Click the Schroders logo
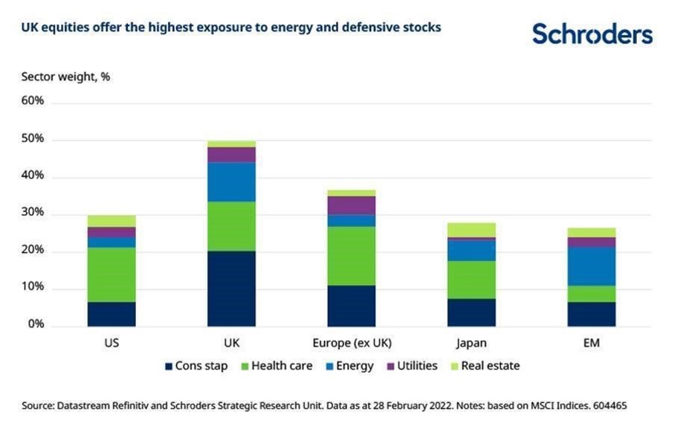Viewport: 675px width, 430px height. pos(592,33)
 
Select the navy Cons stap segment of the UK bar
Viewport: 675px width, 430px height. pos(231,289)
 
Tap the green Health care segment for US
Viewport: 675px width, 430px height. pos(112,275)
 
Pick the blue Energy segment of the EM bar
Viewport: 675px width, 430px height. pos(592,266)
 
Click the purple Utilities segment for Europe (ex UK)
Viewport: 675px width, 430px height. pos(351,205)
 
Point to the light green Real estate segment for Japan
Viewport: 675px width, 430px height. pos(471,229)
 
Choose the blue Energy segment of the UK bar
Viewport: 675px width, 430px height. pos(231,182)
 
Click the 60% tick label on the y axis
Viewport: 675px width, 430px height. pos(33,100)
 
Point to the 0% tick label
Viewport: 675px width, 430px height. pos(36,325)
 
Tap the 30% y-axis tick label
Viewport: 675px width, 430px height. pos(33,213)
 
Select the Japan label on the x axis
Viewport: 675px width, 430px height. pos(471,344)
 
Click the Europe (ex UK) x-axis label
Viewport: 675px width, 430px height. pos(351,344)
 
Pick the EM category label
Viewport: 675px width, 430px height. pos(592,344)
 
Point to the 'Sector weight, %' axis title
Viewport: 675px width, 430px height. pos(65,76)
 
